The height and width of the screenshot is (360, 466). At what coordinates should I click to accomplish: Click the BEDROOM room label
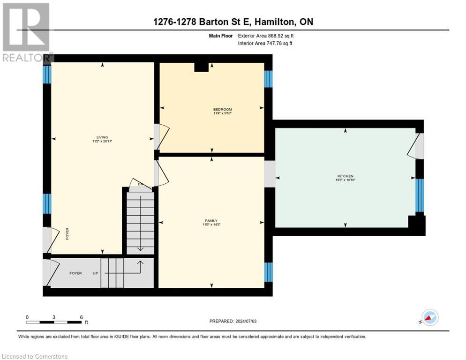222,109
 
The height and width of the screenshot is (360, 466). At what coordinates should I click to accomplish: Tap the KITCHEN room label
345,176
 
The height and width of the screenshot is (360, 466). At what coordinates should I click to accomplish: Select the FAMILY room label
211,221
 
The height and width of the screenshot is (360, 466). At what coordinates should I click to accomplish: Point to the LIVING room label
102,137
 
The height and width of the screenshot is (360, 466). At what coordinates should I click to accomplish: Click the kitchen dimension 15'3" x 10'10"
345,180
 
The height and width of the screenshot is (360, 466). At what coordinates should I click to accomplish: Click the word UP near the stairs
95,273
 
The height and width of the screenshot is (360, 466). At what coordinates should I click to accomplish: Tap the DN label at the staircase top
134,184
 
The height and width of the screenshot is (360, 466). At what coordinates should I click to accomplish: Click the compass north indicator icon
429,318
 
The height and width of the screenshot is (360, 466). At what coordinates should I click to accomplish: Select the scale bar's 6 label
82,317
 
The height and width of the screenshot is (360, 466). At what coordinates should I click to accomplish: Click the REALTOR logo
26,33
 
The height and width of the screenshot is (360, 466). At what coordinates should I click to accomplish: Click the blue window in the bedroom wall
268,79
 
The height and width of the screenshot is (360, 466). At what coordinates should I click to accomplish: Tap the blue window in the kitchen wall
420,195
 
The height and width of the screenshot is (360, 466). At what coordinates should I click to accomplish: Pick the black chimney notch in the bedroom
201,67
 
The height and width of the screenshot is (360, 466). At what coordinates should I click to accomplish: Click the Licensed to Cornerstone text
35,357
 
